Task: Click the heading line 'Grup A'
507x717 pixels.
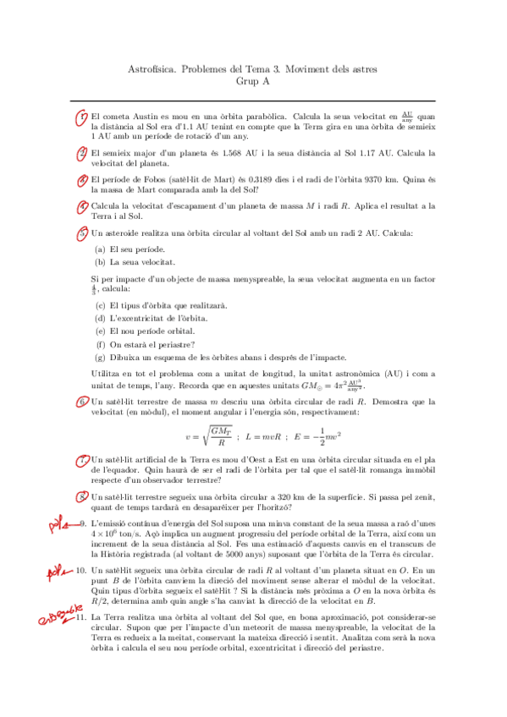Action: (x=253, y=81)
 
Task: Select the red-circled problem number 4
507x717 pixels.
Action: (x=82, y=206)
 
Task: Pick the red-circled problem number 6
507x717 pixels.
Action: (x=82, y=402)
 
